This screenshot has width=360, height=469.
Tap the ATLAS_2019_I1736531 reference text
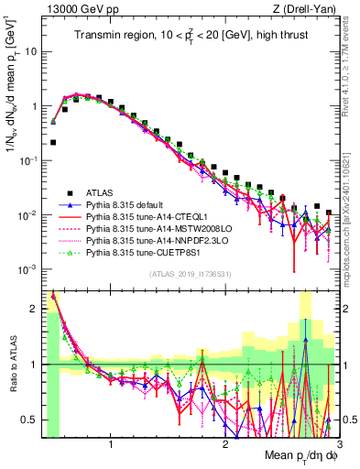(191, 274)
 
